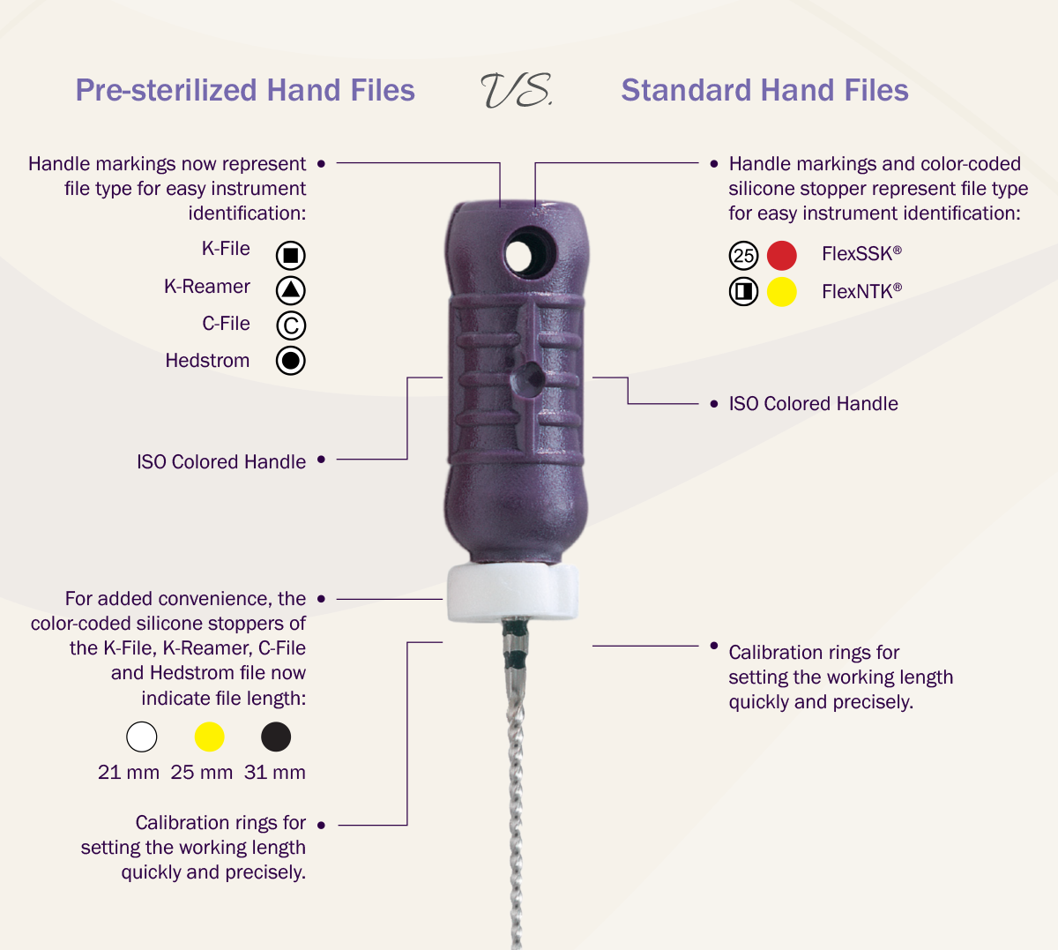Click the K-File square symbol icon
click(x=290, y=255)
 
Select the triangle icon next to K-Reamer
click(x=290, y=290)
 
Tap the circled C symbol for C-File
click(x=290, y=325)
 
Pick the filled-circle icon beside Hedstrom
click(x=290, y=360)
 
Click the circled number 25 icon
click(x=743, y=255)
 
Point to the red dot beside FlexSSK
click(x=781, y=255)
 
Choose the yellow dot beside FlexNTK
click(x=781, y=292)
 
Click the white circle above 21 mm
click(x=142, y=737)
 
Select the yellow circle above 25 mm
click(x=209, y=737)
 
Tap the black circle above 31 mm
click(x=276, y=737)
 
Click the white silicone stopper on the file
click(x=513, y=592)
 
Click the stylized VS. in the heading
click(x=516, y=90)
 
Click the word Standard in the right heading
click(x=686, y=90)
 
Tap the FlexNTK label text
click(x=861, y=291)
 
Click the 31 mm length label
click(x=275, y=773)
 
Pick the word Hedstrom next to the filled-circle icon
click(x=207, y=361)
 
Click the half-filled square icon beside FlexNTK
click(x=743, y=292)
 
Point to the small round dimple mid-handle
click(x=528, y=378)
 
